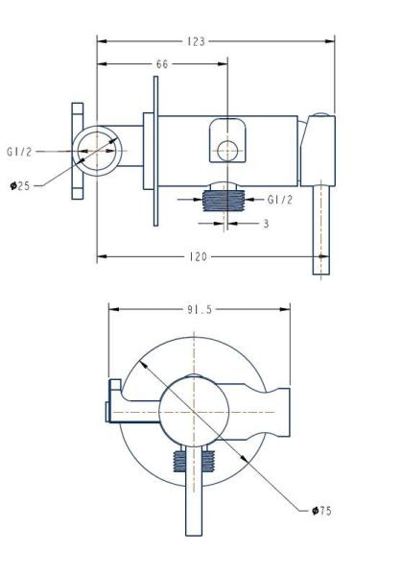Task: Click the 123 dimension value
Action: click(x=196, y=41)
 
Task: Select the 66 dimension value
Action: click(x=162, y=64)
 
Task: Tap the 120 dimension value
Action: click(x=199, y=256)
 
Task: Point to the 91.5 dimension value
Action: click(x=200, y=310)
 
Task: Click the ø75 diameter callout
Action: click(x=321, y=511)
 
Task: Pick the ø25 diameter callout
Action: click(x=20, y=186)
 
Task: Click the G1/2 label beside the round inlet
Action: click(x=19, y=152)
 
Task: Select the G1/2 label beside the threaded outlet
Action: click(x=280, y=200)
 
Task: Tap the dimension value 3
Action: click(x=266, y=224)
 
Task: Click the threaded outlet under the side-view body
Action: click(x=224, y=202)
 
